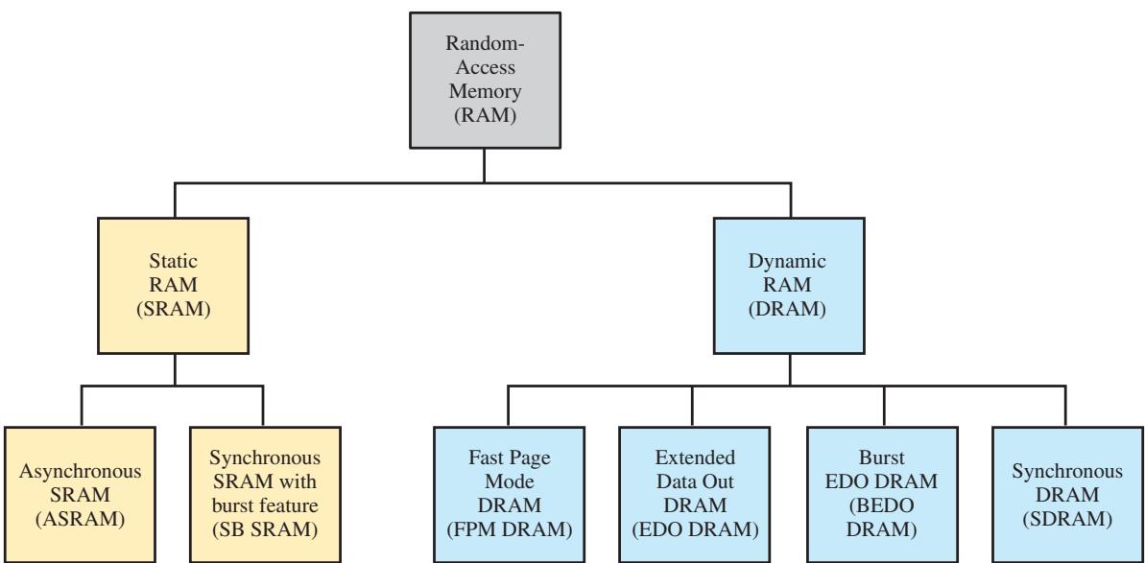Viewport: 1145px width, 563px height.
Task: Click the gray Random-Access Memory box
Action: pyautogui.click(x=485, y=81)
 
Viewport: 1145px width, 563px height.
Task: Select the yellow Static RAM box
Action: pyautogui.click(x=174, y=286)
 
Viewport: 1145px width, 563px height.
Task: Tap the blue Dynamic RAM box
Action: pyautogui.click(x=789, y=286)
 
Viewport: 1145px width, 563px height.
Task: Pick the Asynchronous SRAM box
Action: pyautogui.click(x=80, y=495)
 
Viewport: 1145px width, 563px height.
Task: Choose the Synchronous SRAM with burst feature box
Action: pyautogui.click(x=265, y=495)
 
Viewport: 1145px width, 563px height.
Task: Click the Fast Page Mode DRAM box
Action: pyautogui.click(x=509, y=495)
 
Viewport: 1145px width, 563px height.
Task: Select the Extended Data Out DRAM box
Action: pyautogui.click(x=695, y=495)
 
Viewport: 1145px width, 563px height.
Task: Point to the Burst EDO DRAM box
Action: pyautogui.click(x=882, y=495)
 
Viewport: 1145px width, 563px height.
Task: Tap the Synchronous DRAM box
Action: pyautogui.click(x=1067, y=495)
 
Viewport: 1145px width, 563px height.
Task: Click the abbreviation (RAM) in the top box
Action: pyautogui.click(x=485, y=116)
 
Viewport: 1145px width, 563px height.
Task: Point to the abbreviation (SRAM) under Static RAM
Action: pyautogui.click(x=174, y=309)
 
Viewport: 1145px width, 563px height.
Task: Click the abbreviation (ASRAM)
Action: pyautogui.click(x=80, y=519)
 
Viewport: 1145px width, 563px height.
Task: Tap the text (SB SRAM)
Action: pyautogui.click(x=265, y=530)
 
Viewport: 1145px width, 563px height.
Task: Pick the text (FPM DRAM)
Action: pyautogui.click(x=509, y=530)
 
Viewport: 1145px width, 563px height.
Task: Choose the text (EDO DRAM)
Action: pyautogui.click(x=695, y=530)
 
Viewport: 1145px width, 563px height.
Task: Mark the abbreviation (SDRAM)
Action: pyautogui.click(x=1067, y=519)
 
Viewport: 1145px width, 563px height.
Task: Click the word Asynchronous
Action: pyautogui.click(x=80, y=472)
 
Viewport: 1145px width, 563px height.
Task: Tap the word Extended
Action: pyautogui.click(x=695, y=458)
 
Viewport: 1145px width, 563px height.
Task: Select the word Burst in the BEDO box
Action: pyautogui.click(x=882, y=458)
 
